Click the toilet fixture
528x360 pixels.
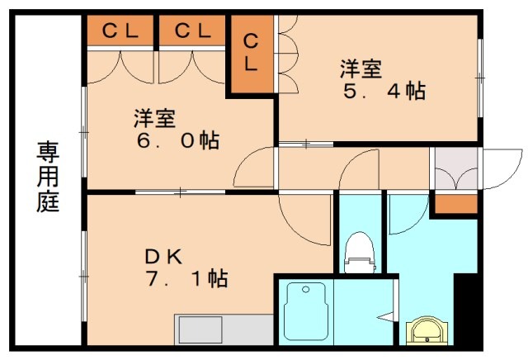tap(358, 252)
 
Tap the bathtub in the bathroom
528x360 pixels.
tap(307, 315)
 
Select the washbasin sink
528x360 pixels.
tap(427, 333)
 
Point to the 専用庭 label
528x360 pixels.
tap(48, 178)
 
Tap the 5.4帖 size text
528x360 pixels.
tap(384, 91)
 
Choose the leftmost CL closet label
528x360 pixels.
tap(120, 31)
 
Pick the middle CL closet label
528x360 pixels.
tap(192, 31)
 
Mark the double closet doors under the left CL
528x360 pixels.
tap(120, 65)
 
